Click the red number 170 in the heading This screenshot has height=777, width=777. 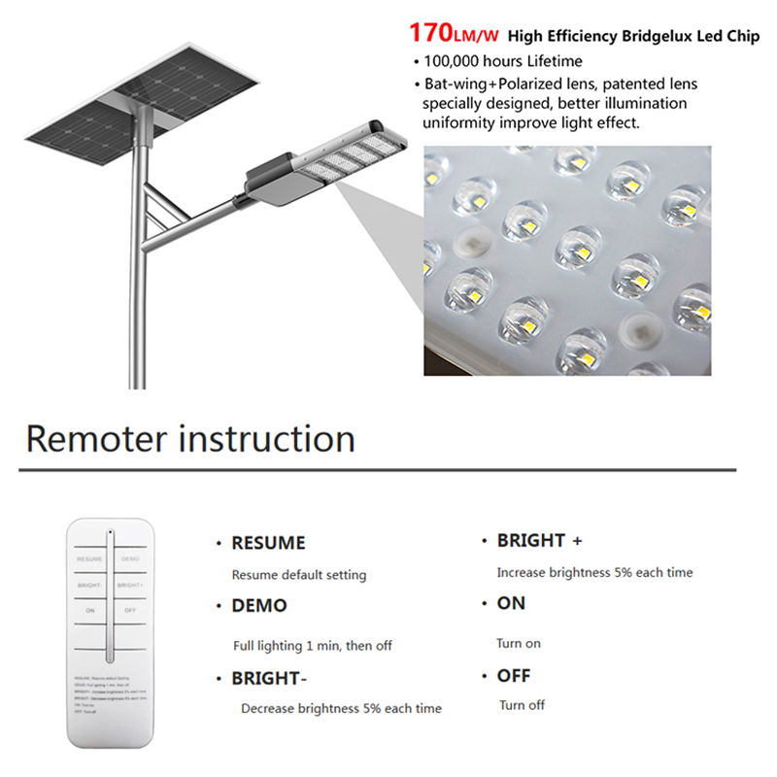pos(430,33)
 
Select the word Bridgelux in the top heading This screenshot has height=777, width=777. pos(658,37)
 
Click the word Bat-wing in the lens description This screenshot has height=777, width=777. pos(456,84)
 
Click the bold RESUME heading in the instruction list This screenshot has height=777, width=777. pos(268,543)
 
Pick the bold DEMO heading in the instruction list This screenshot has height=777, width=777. pos(259,606)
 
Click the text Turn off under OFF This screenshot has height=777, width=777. pos(522,705)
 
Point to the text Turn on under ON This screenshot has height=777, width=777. pos(519,643)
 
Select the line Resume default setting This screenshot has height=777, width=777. pos(299,575)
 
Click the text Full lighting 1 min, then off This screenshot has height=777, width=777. pos(313,646)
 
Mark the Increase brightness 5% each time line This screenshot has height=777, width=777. pos(594,573)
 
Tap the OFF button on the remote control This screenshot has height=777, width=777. pos(130,611)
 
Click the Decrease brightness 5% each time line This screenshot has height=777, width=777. pos(341,709)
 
